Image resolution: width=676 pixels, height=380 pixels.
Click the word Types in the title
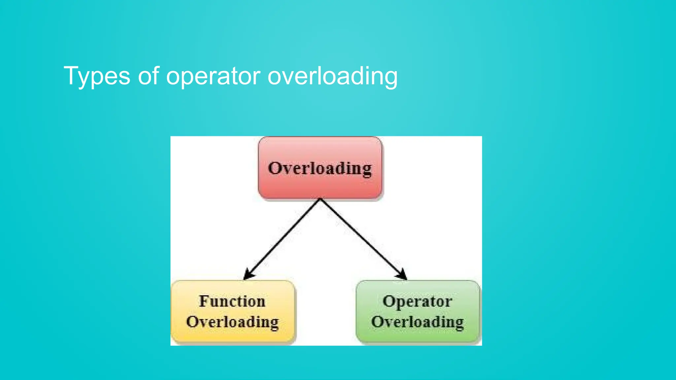[x=97, y=76]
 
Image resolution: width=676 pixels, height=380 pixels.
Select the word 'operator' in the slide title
[x=213, y=77]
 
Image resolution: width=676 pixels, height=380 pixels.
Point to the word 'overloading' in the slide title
[x=332, y=77]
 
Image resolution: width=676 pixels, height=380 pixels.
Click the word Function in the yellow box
[x=232, y=301]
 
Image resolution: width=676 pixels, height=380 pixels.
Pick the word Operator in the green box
[x=417, y=301]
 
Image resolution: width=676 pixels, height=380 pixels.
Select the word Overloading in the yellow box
[x=232, y=322]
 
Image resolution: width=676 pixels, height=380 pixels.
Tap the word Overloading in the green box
[x=418, y=322]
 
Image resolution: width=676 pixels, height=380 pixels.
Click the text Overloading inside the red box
[x=320, y=168]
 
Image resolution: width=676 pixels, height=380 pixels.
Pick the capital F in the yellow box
[x=204, y=301]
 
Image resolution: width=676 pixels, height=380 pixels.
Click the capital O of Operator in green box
[x=389, y=301]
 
